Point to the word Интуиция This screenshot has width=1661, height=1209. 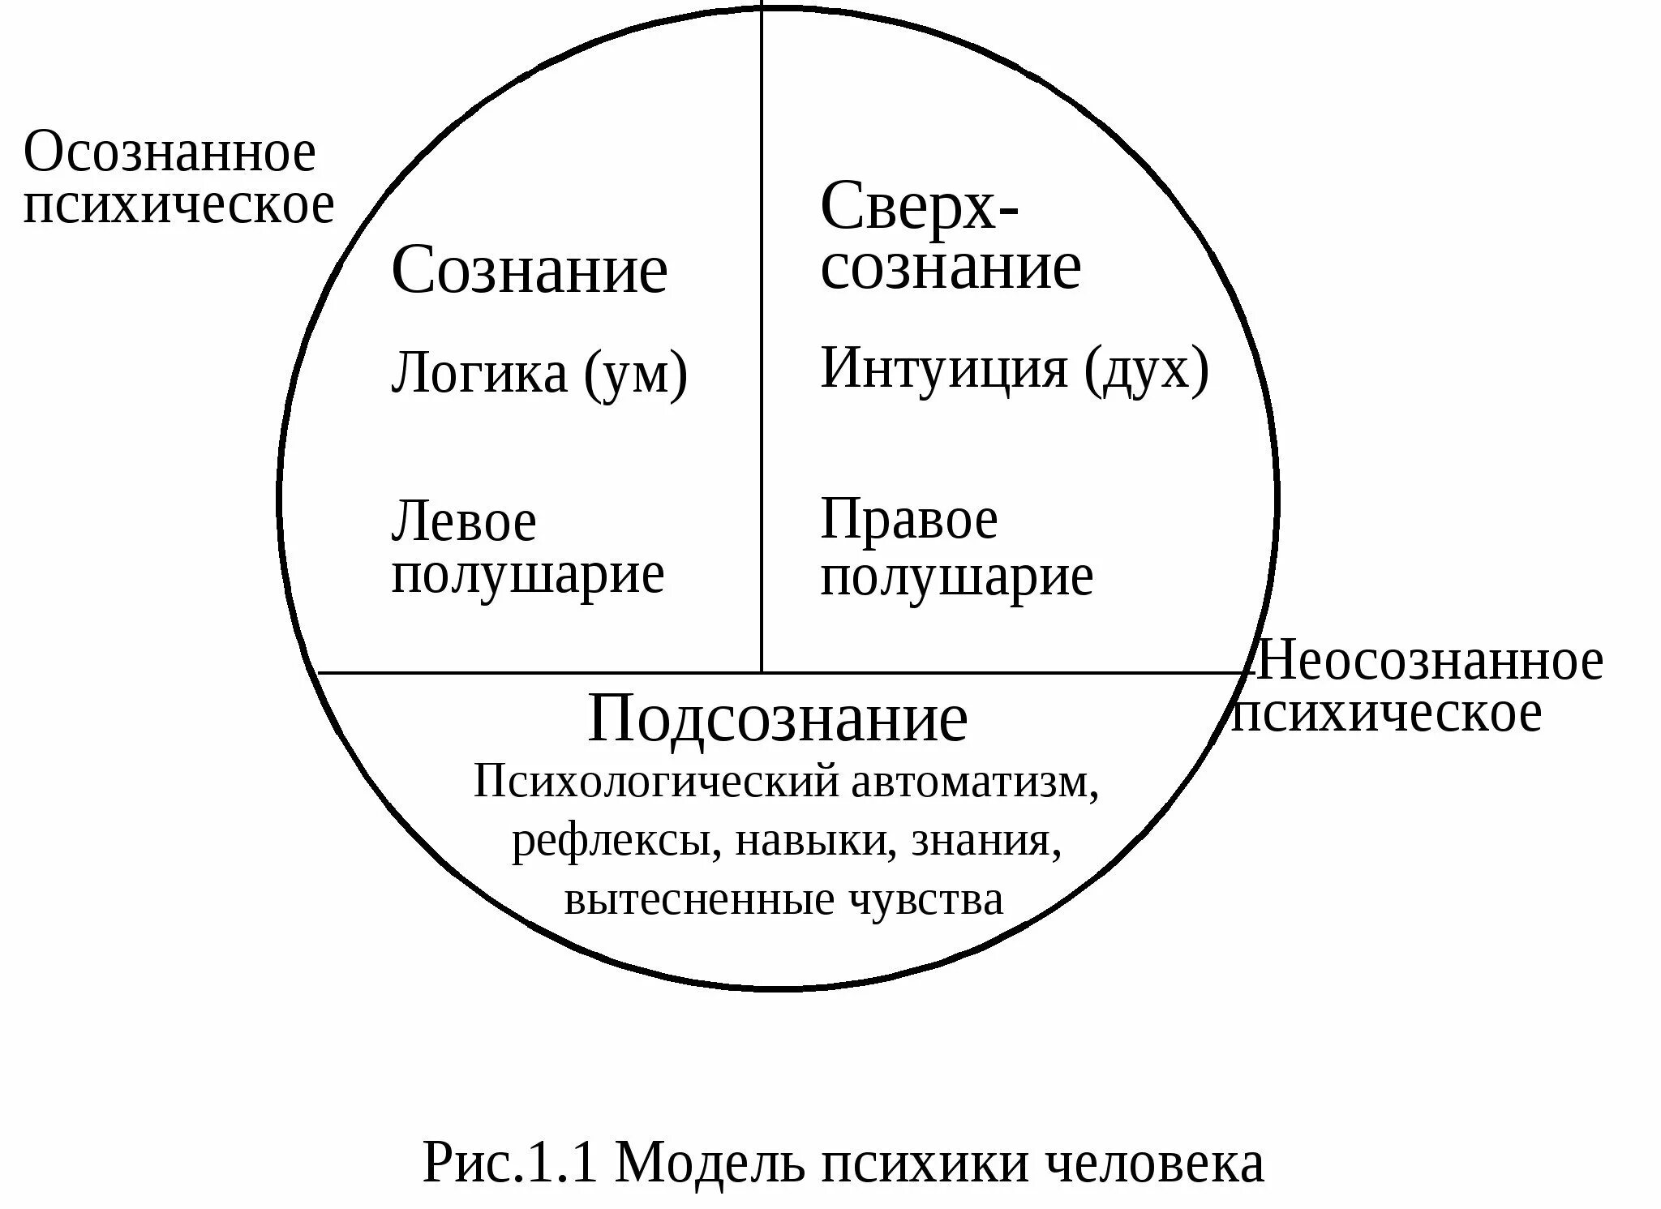[x=944, y=369]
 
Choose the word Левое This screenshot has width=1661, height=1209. [x=463, y=522]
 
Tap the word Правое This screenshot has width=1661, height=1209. [x=908, y=520]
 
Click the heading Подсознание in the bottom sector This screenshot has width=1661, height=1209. [x=777, y=719]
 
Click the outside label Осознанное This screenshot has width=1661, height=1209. [x=170, y=152]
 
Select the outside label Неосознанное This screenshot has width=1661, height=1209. [x=1429, y=662]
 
